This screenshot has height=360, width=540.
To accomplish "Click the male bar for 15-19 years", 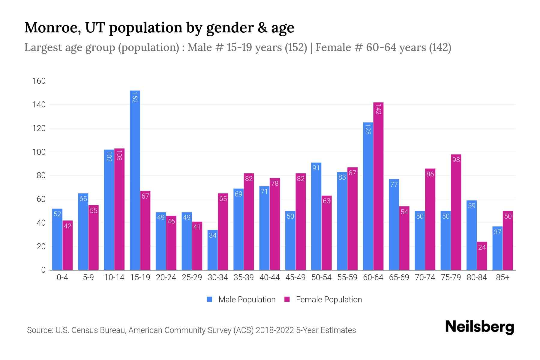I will click(135, 180).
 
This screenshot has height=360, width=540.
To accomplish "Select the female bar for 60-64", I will click(378, 186).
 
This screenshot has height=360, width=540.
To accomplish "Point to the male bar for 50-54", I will click(316, 216).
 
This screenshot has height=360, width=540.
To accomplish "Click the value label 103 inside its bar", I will click(119, 156).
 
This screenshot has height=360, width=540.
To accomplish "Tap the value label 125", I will click(368, 130).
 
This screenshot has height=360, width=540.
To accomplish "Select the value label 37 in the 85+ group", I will click(497, 232).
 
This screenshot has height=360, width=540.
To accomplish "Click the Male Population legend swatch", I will click(210, 299).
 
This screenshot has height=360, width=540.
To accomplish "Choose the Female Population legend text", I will click(329, 300).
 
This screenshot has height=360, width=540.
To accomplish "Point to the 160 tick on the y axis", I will click(39, 81).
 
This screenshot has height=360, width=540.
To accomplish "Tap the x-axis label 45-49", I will click(295, 277).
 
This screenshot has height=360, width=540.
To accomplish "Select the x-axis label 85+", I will click(502, 277).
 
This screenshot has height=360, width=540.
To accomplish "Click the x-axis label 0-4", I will click(62, 277).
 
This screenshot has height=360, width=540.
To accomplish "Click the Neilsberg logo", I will click(479, 327).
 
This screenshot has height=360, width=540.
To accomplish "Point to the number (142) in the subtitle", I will click(440, 47).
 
